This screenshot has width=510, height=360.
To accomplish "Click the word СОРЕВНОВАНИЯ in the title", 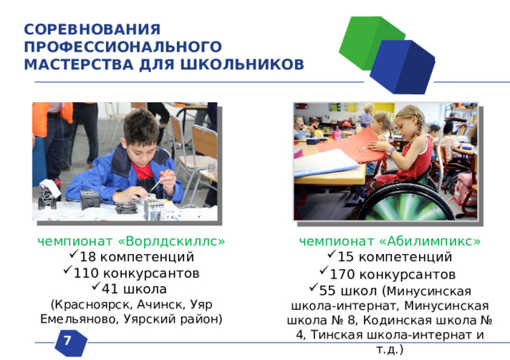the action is point(92,29).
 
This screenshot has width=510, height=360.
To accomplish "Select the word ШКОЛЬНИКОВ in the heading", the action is point(242,65).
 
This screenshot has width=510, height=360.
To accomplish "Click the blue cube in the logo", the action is point(403,67).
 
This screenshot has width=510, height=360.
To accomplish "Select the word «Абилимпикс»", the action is point(430,241).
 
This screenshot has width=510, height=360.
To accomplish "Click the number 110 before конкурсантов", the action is point(86,273).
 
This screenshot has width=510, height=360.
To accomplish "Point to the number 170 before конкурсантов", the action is point(342,275).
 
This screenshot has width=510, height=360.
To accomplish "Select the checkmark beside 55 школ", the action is point(313,288).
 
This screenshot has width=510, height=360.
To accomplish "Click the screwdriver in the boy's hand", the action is point(159,180).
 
